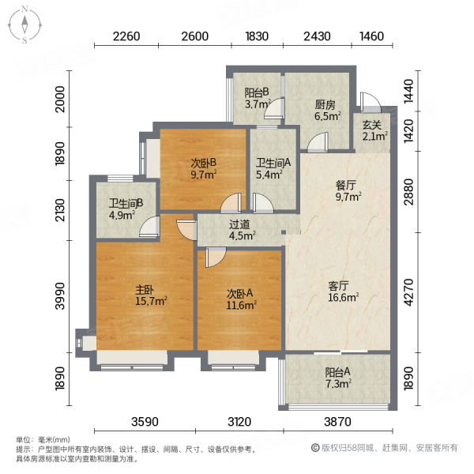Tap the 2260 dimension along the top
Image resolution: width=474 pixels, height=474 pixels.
(126, 36)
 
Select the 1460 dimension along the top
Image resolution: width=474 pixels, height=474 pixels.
(372, 36)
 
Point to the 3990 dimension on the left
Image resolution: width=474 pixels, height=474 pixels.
(61, 296)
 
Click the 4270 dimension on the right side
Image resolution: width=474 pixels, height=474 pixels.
(408, 292)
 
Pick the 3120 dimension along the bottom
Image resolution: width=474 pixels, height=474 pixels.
(239, 421)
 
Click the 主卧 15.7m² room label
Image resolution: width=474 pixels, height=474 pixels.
(151, 295)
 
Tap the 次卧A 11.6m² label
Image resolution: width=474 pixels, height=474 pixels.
(241, 299)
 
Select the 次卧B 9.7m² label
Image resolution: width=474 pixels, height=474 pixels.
(204, 169)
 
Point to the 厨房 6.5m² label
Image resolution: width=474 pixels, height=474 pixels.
(327, 111)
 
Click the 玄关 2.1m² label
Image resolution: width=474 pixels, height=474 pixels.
(375, 130)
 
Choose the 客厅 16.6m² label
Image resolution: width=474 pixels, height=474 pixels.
(343, 292)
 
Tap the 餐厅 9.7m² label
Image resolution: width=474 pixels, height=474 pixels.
(348, 191)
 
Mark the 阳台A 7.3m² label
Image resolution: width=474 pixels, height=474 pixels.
(338, 378)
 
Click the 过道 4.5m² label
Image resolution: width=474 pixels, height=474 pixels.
(243, 230)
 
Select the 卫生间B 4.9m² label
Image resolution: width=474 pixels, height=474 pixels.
(126, 209)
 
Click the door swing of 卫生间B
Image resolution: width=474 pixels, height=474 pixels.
(149, 226)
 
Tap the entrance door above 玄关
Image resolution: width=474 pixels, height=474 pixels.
(370, 103)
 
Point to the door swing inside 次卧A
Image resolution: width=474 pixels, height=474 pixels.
(216, 258)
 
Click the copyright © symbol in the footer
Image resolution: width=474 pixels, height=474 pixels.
(315, 448)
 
